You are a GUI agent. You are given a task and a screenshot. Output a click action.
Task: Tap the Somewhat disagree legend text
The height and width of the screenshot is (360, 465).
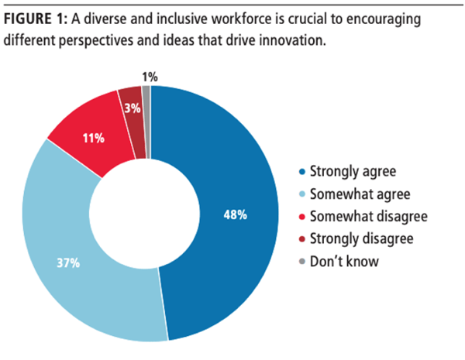360,216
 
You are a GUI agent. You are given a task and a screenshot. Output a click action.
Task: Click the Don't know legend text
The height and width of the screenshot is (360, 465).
343,261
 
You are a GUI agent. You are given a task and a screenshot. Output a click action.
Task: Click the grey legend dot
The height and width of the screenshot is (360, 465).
300,262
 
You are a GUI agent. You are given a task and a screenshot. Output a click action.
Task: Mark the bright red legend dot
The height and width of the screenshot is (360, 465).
300,217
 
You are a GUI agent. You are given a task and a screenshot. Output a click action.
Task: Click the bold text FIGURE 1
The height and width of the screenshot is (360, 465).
35,19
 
